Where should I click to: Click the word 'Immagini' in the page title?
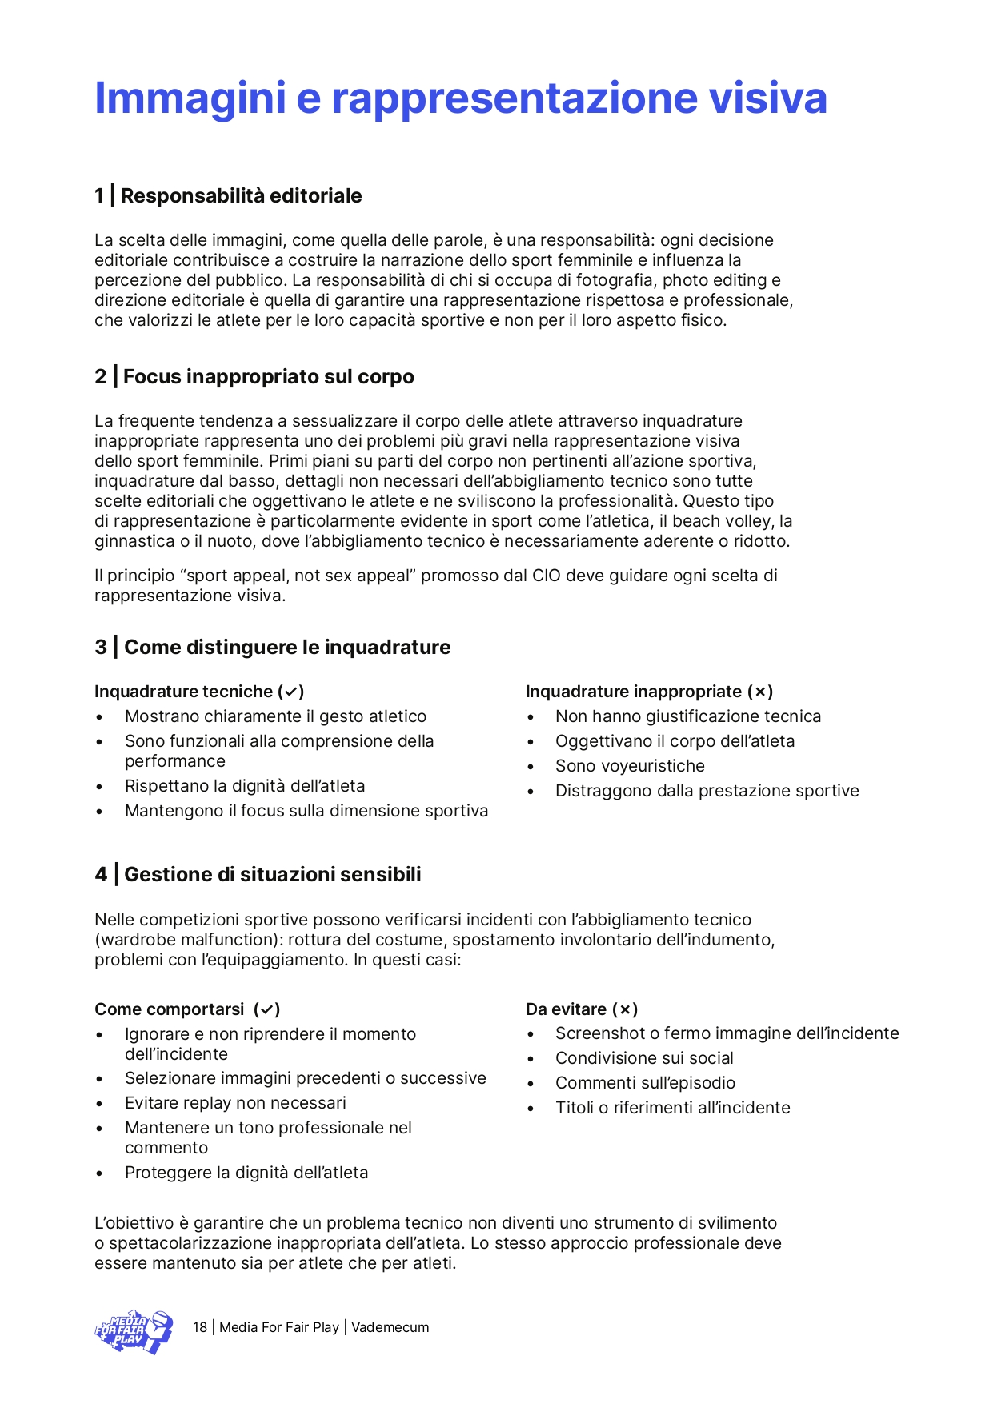tap(190, 98)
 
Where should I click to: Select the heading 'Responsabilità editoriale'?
tap(241, 196)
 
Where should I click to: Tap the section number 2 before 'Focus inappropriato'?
tap(101, 377)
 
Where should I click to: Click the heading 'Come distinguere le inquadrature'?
tap(287, 648)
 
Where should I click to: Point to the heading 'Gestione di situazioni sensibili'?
tap(272, 875)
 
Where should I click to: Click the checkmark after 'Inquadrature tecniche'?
tap(291, 692)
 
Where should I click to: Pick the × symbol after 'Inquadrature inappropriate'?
tap(760, 692)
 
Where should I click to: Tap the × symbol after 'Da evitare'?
tap(625, 1010)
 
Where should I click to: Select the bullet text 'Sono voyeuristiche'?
tap(630, 767)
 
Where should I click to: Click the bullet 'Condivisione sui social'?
tap(644, 1059)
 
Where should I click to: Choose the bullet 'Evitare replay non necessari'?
tap(235, 1104)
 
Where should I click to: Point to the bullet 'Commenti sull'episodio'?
tap(645, 1084)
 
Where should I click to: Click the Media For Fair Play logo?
tap(134, 1331)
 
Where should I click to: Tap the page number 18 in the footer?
tap(200, 1328)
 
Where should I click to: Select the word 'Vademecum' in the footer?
tap(390, 1328)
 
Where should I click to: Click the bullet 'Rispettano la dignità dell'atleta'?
tap(244, 787)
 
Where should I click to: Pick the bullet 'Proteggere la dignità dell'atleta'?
tap(246, 1173)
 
